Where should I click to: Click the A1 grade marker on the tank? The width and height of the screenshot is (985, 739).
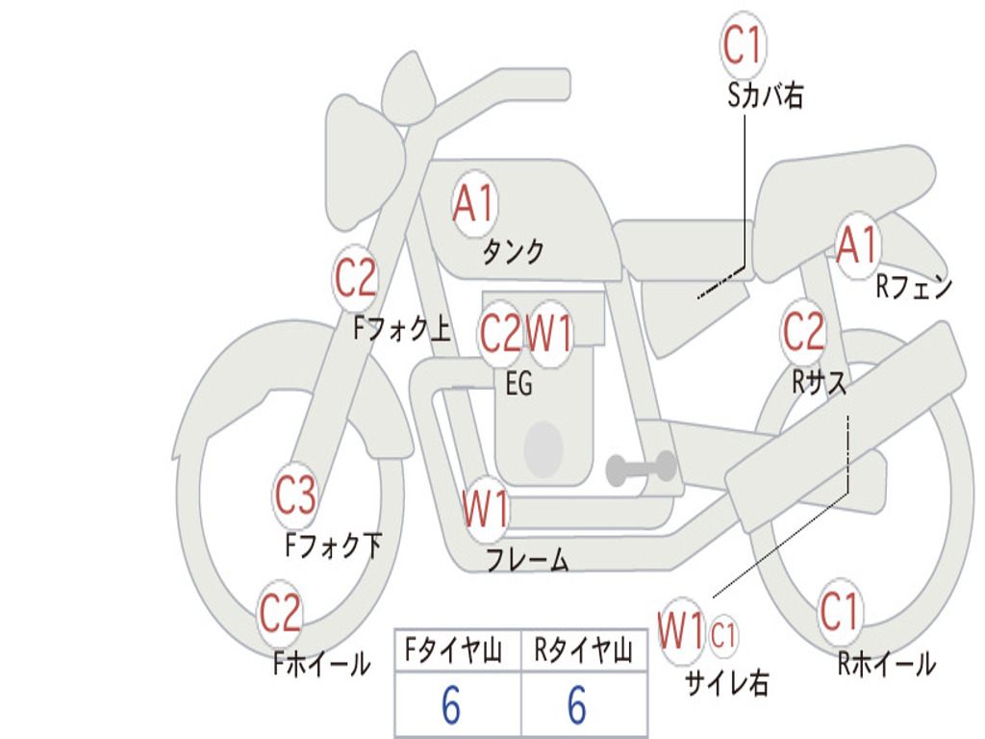pos(475,204)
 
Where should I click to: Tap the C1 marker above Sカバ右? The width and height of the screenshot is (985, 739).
pos(744,44)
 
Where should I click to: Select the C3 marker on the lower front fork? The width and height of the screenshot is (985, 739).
pos(296,496)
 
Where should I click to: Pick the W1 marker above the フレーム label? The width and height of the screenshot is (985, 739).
pos(486,509)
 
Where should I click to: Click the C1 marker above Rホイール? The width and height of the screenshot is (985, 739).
pos(840,611)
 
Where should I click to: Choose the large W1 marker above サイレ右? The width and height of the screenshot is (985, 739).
pos(681,631)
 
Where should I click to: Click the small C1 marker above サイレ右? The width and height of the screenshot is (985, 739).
pos(723,635)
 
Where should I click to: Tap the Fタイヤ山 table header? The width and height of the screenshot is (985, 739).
pos(454,650)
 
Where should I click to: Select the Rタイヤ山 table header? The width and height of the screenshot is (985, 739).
pos(584,650)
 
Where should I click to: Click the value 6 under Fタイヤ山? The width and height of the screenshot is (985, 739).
pos(451,704)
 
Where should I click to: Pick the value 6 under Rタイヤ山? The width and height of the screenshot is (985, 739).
pos(577,704)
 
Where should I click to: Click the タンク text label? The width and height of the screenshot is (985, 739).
pos(514,251)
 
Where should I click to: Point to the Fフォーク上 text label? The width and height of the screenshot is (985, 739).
pos(402,328)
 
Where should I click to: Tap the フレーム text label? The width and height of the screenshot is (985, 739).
pos(528,559)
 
